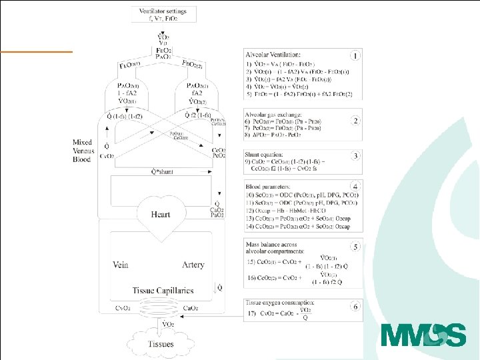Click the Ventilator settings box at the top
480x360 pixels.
pos(163,15)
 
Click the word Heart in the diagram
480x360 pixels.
pos(160,215)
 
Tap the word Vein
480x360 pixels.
pos(121,265)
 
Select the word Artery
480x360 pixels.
pos(193,265)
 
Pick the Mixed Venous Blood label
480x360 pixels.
pos(87,151)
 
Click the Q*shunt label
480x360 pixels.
pos(161,171)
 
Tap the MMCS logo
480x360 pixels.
pos(423,334)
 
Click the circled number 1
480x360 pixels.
pos(357,56)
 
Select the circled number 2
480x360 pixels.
pos(357,121)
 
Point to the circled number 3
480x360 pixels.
pos(357,156)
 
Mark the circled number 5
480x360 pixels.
pos(357,247)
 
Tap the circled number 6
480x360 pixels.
pos(357,306)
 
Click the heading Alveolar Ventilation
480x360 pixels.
pos(273,54)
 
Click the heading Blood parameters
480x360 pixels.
pos(269,186)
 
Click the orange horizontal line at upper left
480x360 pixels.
pos(36,51)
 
